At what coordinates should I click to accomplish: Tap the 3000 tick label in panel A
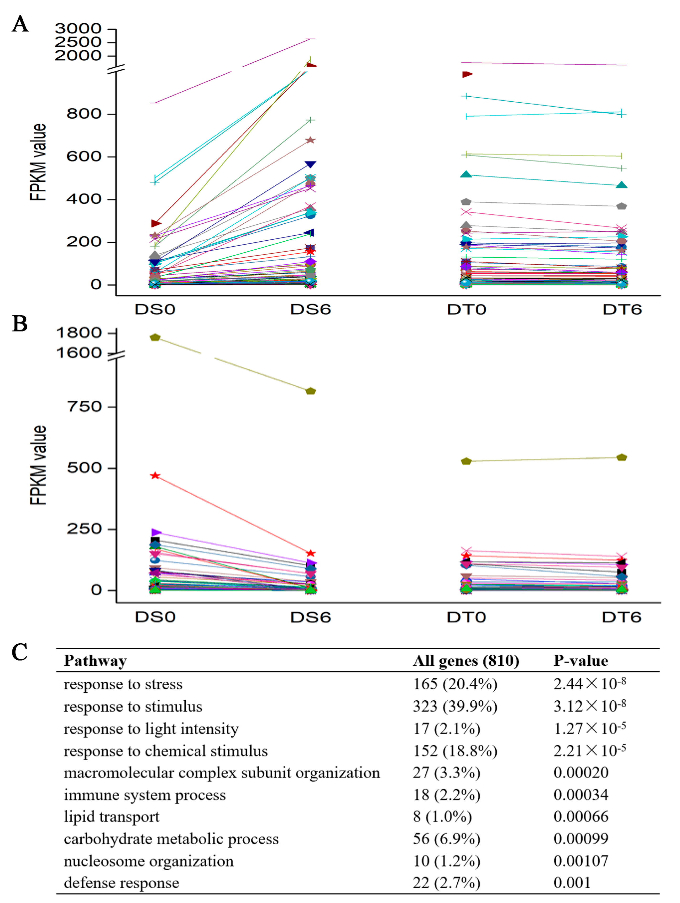78,29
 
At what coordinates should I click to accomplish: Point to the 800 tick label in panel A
84,114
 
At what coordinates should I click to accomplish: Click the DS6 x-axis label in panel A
310,310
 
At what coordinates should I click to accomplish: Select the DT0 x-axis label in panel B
466,617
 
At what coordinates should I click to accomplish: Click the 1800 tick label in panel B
79,333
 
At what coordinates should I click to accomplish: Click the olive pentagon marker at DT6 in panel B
621,457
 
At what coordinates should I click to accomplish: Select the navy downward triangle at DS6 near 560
310,164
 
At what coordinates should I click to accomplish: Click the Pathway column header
95,660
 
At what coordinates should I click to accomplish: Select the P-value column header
581,660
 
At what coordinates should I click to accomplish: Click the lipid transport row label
111,816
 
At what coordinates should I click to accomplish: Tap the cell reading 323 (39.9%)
455,706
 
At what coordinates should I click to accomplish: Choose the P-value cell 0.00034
581,794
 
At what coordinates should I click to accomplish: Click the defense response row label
121,882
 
